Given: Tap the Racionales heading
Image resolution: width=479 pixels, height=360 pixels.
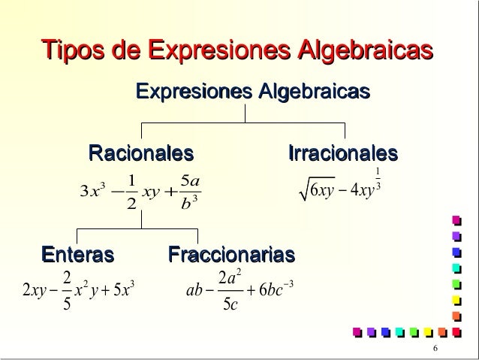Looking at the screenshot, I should pyautogui.click(x=141, y=154).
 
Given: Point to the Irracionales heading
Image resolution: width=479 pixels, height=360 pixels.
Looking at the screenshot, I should pyautogui.click(x=342, y=154).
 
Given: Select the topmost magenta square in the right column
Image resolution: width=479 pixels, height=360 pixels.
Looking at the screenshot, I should pyautogui.click(x=455, y=220).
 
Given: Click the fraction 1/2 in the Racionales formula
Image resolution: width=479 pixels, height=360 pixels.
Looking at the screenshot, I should pyautogui.click(x=131, y=194).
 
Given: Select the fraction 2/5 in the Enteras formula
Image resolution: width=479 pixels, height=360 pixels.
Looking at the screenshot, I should pyautogui.click(x=66, y=290).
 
